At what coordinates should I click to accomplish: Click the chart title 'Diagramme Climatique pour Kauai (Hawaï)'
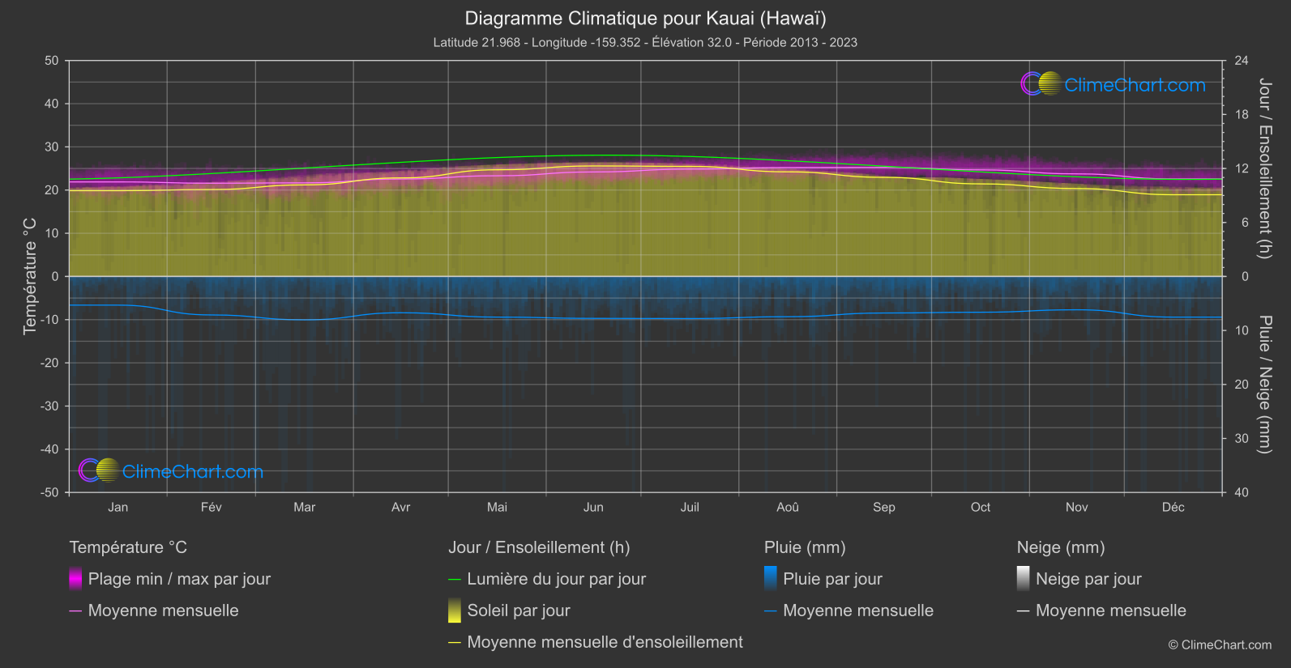(645, 18)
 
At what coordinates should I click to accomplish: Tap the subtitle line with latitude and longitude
(645, 42)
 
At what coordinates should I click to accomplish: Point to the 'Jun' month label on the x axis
(593, 507)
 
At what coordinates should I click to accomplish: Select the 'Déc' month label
(1173, 507)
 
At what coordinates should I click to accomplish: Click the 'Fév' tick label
(211, 507)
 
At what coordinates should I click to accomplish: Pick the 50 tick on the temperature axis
(52, 61)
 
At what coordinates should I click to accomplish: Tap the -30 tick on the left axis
(50, 406)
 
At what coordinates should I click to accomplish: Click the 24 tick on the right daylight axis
(1242, 61)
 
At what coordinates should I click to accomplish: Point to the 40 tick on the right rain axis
(1242, 492)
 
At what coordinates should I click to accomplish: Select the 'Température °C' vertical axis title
(30, 276)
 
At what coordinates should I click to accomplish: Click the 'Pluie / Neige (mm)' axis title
(1264, 385)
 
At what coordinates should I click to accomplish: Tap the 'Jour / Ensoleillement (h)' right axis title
(1264, 168)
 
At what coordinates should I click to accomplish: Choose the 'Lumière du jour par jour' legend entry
(556, 579)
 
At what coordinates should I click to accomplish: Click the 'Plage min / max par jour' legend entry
(179, 579)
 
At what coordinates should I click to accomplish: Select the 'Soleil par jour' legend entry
(519, 611)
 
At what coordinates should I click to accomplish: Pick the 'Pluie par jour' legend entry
(832, 579)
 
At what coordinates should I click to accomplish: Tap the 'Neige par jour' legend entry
(1088, 579)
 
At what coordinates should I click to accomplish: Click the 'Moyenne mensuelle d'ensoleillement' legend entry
(605, 642)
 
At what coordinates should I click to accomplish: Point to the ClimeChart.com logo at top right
(1114, 84)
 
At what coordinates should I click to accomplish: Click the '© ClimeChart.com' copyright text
(1220, 645)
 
